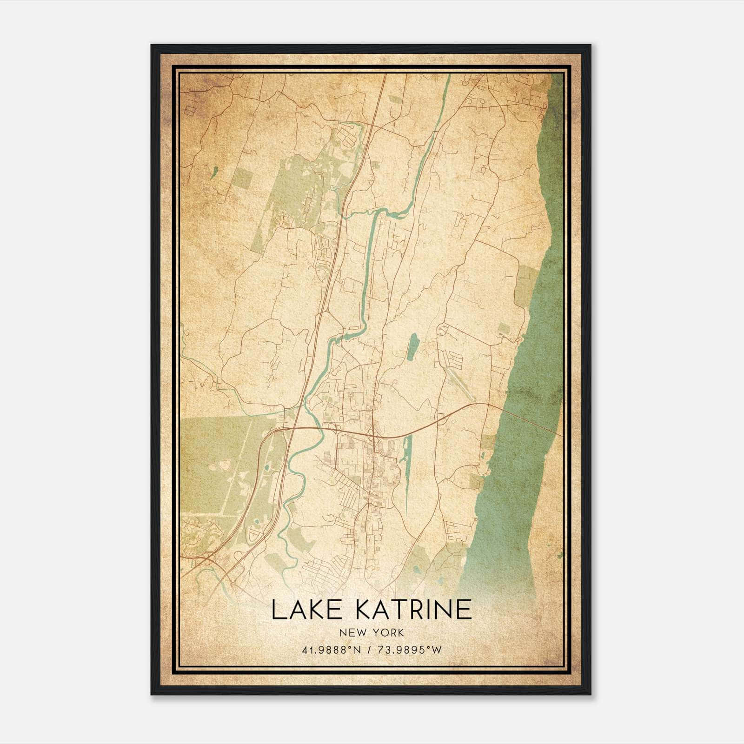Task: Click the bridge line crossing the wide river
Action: point(530,421)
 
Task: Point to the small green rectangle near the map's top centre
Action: point(394,100)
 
